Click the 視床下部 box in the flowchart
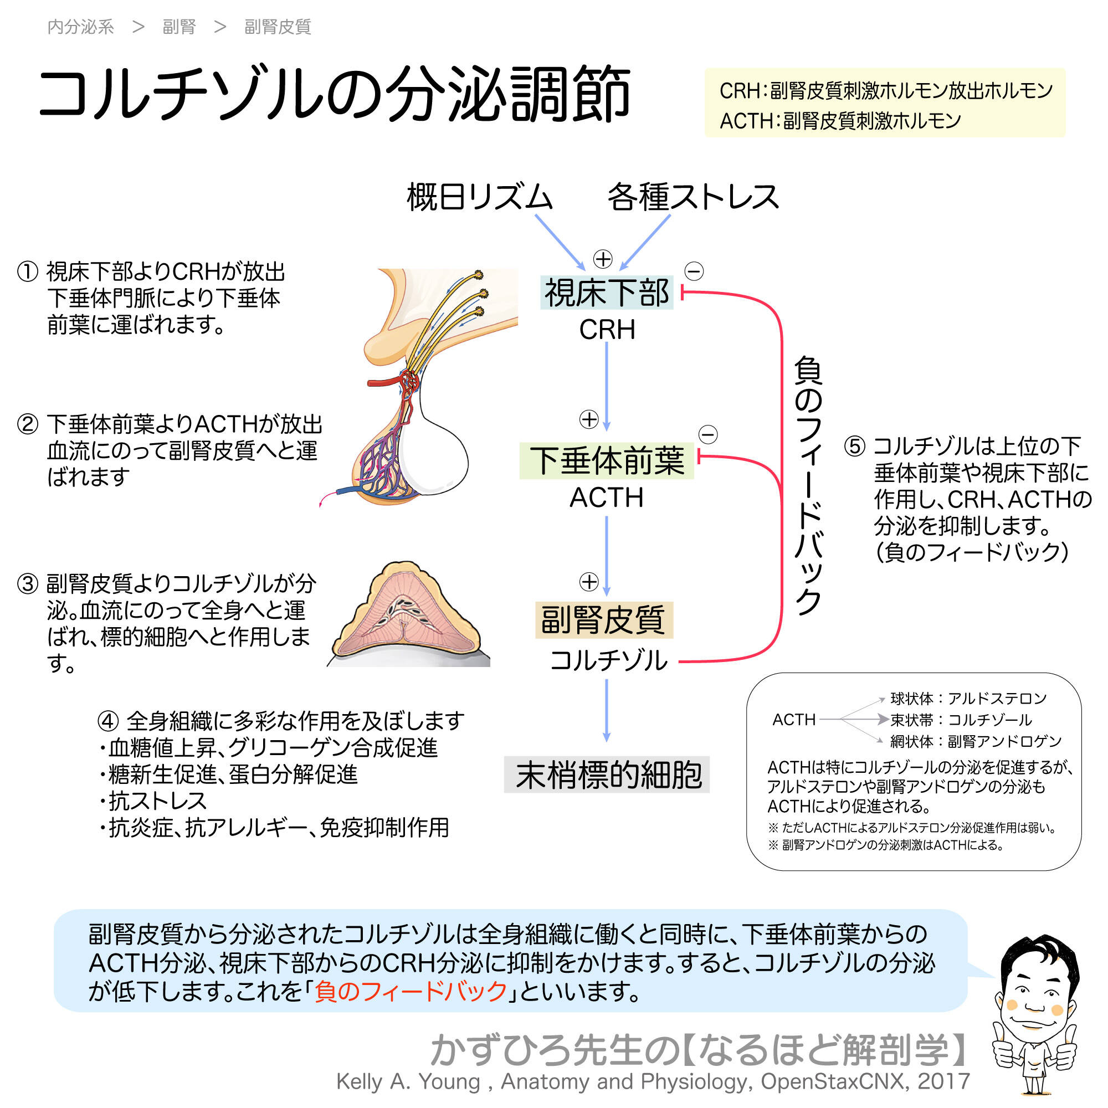pyautogui.click(x=606, y=293)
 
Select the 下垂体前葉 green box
pyautogui.click(x=606, y=460)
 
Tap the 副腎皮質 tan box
pyautogui.click(x=603, y=620)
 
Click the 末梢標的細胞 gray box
pyautogui.click(x=606, y=775)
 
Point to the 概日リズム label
pyautogui.click(x=479, y=197)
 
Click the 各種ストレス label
pyautogui.click(x=693, y=197)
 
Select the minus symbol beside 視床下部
pyautogui.click(x=694, y=271)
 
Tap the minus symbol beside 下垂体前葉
pyautogui.click(x=707, y=434)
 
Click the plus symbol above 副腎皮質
pyautogui.click(x=589, y=582)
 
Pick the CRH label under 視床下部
pyautogui.click(x=607, y=330)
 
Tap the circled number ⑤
pyautogui.click(x=854, y=445)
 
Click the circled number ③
pyautogui.click(x=28, y=584)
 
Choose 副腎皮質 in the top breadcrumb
pyautogui.click(x=278, y=27)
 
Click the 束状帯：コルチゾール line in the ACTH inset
pyautogui.click(x=961, y=720)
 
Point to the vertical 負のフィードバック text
pyautogui.click(x=809, y=485)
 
